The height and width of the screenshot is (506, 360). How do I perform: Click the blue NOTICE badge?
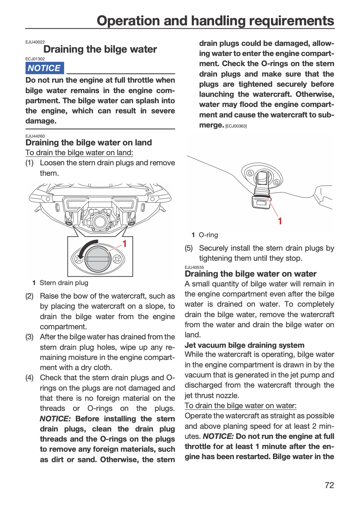(44, 68)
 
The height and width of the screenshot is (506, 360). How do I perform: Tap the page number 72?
(329, 485)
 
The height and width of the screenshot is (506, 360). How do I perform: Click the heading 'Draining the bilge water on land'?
(88, 143)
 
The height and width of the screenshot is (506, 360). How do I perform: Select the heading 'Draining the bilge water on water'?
(250, 274)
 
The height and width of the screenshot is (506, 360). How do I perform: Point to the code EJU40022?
(35, 42)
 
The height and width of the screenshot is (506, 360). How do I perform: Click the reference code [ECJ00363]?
(236, 126)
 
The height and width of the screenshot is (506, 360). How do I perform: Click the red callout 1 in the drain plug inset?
(124, 244)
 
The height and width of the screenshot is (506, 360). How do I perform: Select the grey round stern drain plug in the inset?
(98, 259)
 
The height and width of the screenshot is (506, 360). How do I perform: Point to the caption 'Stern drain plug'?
(64, 283)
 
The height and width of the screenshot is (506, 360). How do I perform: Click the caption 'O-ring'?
(208, 235)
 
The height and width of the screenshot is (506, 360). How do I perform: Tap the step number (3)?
(29, 337)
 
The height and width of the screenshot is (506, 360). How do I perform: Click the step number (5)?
(189, 248)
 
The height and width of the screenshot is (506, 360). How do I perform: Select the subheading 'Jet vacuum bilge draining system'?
(244, 345)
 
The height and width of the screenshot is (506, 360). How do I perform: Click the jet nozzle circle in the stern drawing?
(99, 221)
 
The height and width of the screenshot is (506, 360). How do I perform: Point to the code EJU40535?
(194, 267)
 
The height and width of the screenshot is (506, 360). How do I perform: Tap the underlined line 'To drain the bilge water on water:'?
(240, 406)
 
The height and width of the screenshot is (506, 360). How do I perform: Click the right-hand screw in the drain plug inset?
(117, 259)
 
